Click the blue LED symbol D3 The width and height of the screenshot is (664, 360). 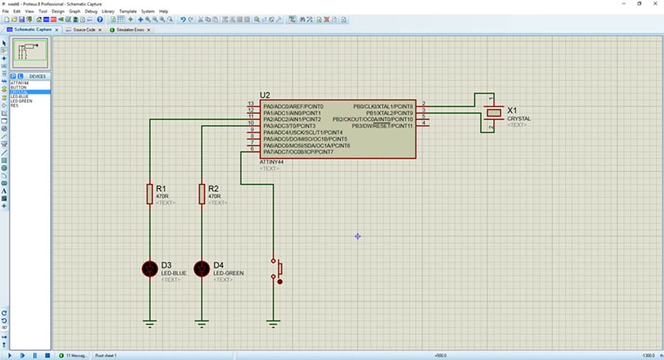click(150, 269)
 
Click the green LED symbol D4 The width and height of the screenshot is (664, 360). click(201, 269)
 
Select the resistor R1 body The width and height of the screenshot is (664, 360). click(150, 193)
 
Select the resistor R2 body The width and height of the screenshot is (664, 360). click(201, 193)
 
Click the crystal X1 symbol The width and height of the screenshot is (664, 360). click(493, 112)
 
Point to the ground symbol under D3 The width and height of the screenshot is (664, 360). click(150, 322)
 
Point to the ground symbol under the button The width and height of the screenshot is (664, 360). click(274, 322)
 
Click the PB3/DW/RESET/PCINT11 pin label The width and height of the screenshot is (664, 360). click(382, 126)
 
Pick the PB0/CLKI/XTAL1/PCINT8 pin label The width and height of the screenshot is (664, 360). click(383, 106)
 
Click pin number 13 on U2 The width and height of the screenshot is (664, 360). click(251, 103)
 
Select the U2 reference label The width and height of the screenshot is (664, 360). click(266, 95)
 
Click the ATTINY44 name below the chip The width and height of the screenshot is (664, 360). click(272, 162)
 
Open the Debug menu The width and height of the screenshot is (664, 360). click(91, 12)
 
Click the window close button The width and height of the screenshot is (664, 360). click(655, 4)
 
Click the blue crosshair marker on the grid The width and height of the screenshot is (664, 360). click(357, 236)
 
